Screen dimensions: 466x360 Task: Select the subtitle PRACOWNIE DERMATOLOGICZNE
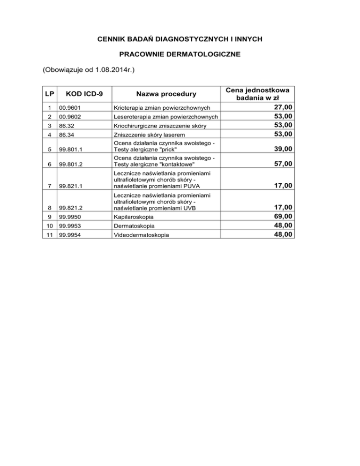[180, 55]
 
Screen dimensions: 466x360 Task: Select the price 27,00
[284, 108]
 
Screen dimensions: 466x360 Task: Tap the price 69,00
[284, 216]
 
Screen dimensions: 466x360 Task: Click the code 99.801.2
[71, 164]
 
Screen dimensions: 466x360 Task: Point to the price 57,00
[284, 164]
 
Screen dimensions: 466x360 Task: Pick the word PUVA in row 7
[184, 186]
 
